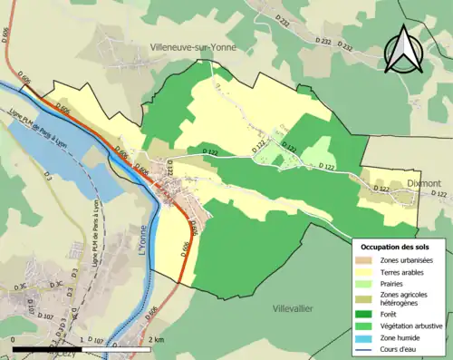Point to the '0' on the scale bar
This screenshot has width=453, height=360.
click(14, 340)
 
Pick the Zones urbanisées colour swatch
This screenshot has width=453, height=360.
click(367, 260)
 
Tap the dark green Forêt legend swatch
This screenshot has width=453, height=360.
click(367, 316)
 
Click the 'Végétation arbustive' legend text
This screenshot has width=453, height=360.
click(411, 328)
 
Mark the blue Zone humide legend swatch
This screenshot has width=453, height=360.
click(367, 339)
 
